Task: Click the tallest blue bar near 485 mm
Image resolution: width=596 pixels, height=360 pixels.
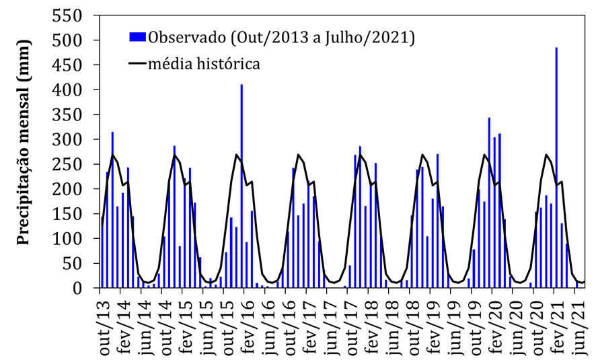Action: [556, 168]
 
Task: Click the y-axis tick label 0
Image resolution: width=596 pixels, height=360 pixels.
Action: [83, 288]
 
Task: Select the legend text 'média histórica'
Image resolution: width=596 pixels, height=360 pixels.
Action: [204, 64]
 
